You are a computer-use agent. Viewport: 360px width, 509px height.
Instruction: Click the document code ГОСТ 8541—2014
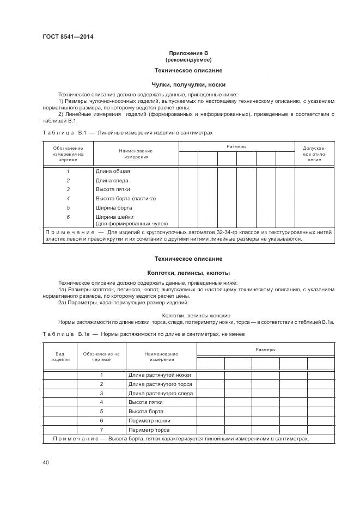64,37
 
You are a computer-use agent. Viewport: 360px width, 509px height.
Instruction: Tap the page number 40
46,463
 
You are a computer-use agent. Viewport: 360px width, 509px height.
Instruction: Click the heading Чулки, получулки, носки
188,84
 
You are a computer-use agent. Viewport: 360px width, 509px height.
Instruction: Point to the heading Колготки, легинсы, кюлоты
188,273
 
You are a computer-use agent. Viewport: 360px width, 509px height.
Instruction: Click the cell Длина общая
113,171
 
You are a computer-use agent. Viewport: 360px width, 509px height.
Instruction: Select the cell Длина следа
113,180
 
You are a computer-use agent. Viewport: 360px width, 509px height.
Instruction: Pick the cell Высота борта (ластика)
125,198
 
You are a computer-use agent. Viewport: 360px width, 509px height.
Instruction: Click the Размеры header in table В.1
236,147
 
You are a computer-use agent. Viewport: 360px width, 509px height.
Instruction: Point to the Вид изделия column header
60,357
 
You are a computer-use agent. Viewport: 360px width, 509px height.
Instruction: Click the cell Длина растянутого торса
160,384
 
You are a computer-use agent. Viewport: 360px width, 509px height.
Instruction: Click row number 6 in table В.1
68,217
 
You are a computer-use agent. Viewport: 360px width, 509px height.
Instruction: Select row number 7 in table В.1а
101,430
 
